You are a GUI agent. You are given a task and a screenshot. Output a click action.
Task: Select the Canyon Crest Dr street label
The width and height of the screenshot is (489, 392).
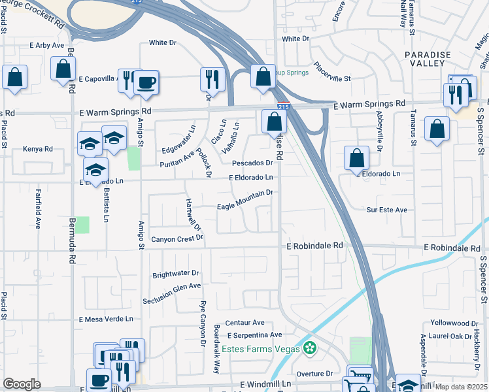pyautogui.click(x=177, y=239)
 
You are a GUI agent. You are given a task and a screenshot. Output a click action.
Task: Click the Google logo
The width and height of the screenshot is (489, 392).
pyautogui.click(x=22, y=384)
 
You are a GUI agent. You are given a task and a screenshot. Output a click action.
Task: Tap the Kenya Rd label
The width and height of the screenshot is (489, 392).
pyautogui.click(x=37, y=149)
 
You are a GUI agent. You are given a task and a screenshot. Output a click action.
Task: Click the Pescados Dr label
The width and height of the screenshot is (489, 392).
pyautogui.click(x=252, y=163)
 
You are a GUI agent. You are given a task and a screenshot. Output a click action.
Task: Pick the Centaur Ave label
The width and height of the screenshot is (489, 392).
pyautogui.click(x=244, y=323)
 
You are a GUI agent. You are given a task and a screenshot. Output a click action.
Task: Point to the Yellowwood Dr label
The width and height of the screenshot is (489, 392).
pyautogui.click(x=454, y=323)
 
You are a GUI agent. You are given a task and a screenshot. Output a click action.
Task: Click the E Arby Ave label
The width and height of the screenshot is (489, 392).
pyautogui.click(x=47, y=46)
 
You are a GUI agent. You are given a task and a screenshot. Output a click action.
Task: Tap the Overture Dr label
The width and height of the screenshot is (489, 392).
pyautogui.click(x=315, y=374)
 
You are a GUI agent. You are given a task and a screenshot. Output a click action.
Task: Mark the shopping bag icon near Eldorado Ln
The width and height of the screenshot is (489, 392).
pyautogui.click(x=356, y=158)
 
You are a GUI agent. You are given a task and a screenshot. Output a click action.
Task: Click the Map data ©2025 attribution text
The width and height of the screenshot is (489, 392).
pyautogui.click(x=462, y=387)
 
